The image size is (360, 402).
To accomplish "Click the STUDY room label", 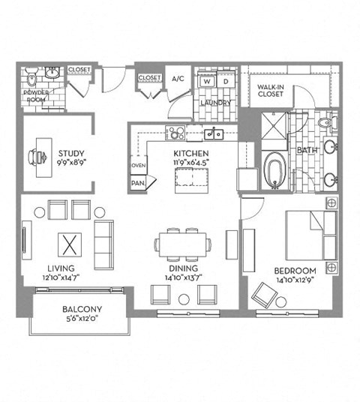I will pyautogui.click(x=72, y=155).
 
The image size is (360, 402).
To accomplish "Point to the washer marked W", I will pyautogui.click(x=207, y=82).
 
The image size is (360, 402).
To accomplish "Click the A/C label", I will pyautogui.click(x=178, y=79).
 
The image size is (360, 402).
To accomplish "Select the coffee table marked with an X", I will pyautogui.click(x=69, y=244).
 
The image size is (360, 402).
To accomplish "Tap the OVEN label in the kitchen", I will pyautogui.click(x=139, y=166).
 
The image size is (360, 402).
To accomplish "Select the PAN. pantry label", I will pyautogui.click(x=138, y=181).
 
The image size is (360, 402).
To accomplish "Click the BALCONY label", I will pyautogui.click(x=82, y=309).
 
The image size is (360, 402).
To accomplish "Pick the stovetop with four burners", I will pyautogui.click(x=175, y=134).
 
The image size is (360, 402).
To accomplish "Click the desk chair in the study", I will pyautogui.click(x=33, y=155).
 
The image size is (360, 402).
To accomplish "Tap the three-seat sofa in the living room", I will pyautogui.click(x=103, y=244).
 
